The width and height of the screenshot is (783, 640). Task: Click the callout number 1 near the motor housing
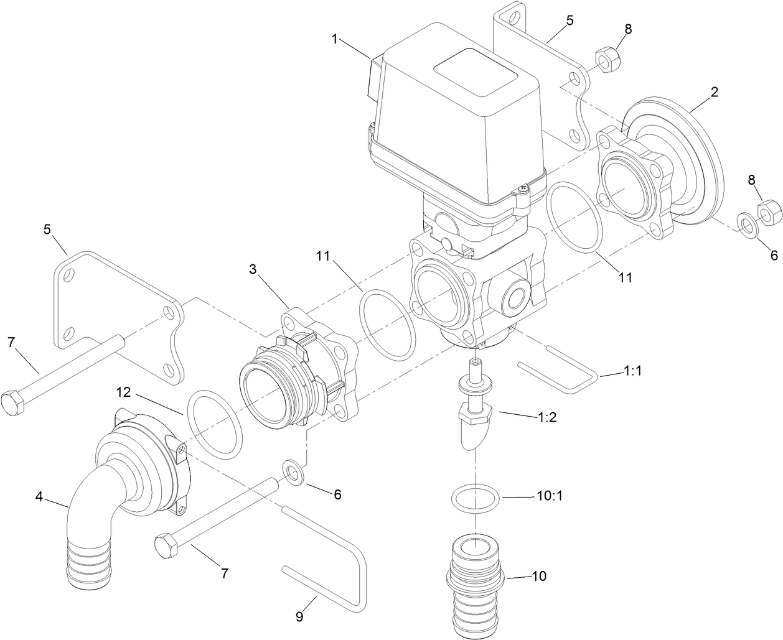pyautogui.click(x=335, y=39)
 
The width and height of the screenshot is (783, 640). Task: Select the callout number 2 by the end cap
pyautogui.click(x=715, y=92)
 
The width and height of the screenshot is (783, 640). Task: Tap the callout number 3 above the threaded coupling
pyautogui.click(x=253, y=269)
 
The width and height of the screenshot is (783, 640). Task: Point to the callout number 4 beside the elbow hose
pyautogui.click(x=40, y=497)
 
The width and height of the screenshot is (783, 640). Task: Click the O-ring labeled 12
pyautogui.click(x=214, y=425)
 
